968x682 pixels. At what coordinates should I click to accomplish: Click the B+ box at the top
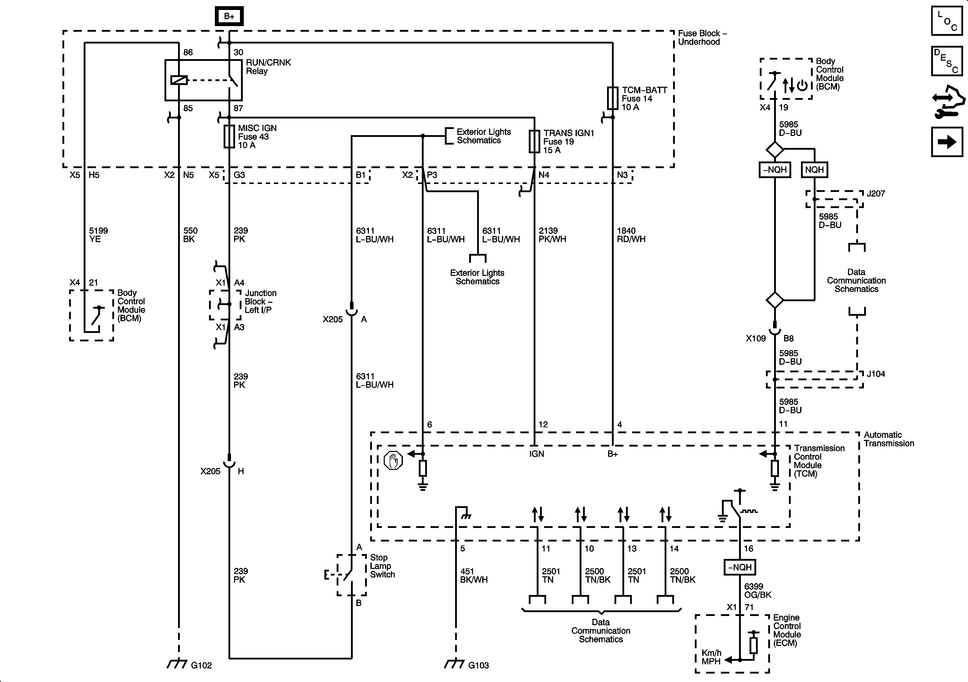click(229, 16)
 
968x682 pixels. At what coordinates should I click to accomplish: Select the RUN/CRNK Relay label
click(268, 67)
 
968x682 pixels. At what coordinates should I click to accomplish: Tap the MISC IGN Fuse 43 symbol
click(229, 136)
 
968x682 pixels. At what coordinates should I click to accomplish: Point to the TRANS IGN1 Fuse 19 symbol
click(534, 141)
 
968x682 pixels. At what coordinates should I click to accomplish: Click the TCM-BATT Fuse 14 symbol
click(613, 98)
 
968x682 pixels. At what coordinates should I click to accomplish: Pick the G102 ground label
click(201, 665)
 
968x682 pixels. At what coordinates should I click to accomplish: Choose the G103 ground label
click(478, 665)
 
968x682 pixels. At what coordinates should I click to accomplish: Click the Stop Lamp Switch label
click(382, 566)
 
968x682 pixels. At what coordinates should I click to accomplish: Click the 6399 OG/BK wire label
click(758, 590)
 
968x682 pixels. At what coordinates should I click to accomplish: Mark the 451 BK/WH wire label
click(474, 575)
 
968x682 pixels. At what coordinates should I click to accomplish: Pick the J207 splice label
click(876, 193)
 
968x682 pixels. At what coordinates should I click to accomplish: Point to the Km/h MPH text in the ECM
click(711, 657)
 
